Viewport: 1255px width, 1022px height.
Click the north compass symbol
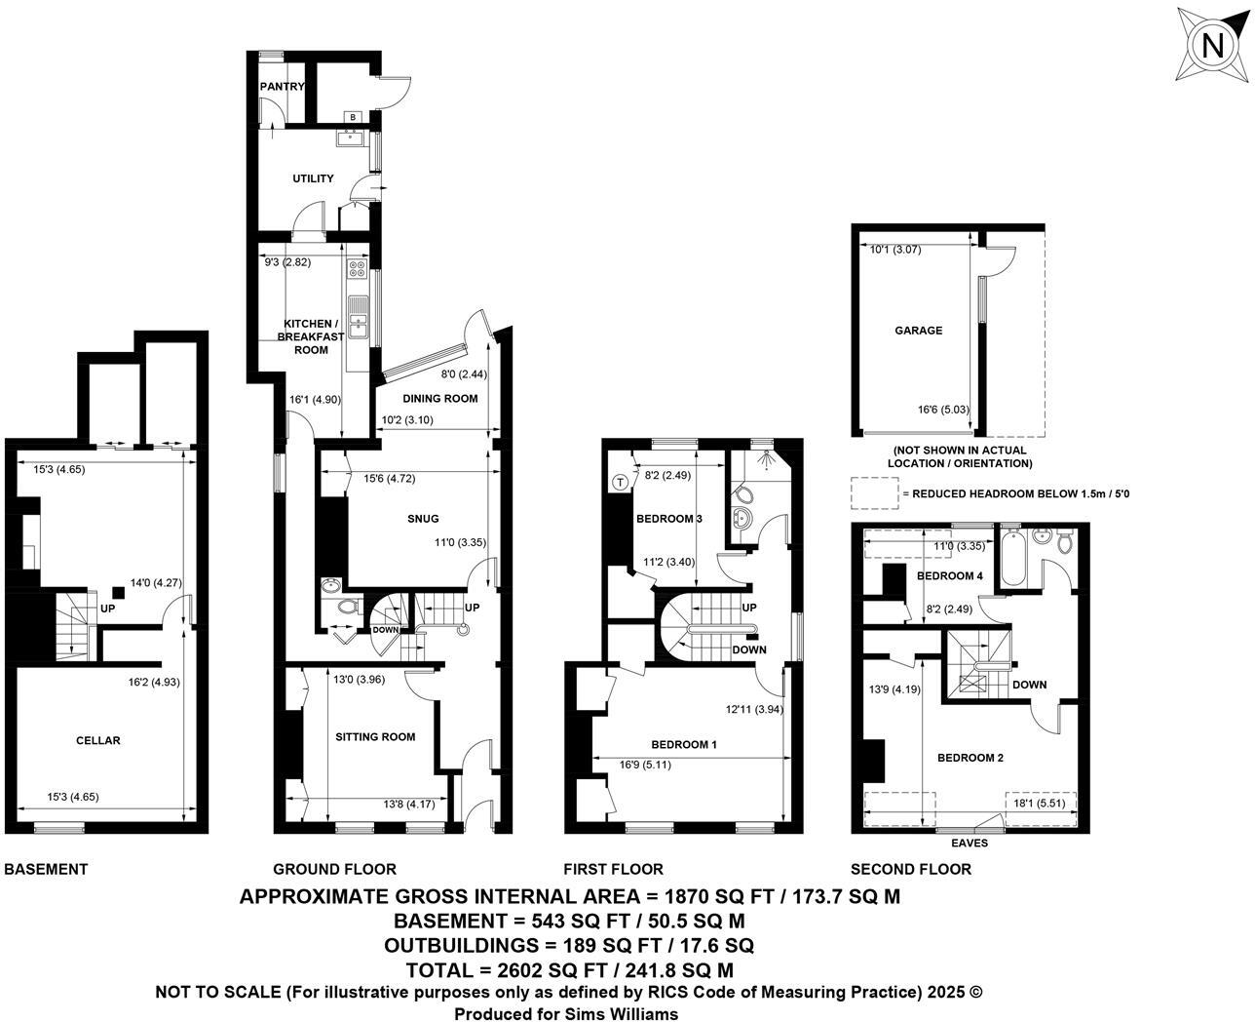[x=1211, y=47]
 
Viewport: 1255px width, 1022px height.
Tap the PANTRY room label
[x=282, y=87]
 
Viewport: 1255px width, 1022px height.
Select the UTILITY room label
[x=313, y=178]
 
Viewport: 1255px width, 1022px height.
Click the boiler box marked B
[x=353, y=118]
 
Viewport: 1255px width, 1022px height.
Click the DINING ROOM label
[x=439, y=398]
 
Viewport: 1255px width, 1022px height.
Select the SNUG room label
[x=424, y=519]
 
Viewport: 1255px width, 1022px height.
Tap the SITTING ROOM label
[x=375, y=737]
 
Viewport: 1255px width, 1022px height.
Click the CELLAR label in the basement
[x=98, y=741]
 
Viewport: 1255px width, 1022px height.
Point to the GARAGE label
[x=918, y=331]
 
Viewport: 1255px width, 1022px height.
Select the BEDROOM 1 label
[x=684, y=745]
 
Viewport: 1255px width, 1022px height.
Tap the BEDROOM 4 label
[x=950, y=576]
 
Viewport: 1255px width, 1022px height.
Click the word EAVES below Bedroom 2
[x=969, y=844]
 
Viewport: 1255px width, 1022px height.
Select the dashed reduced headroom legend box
[x=874, y=493]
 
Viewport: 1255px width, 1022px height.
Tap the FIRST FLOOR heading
[x=613, y=869]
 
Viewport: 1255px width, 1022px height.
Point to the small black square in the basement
[x=119, y=590]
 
